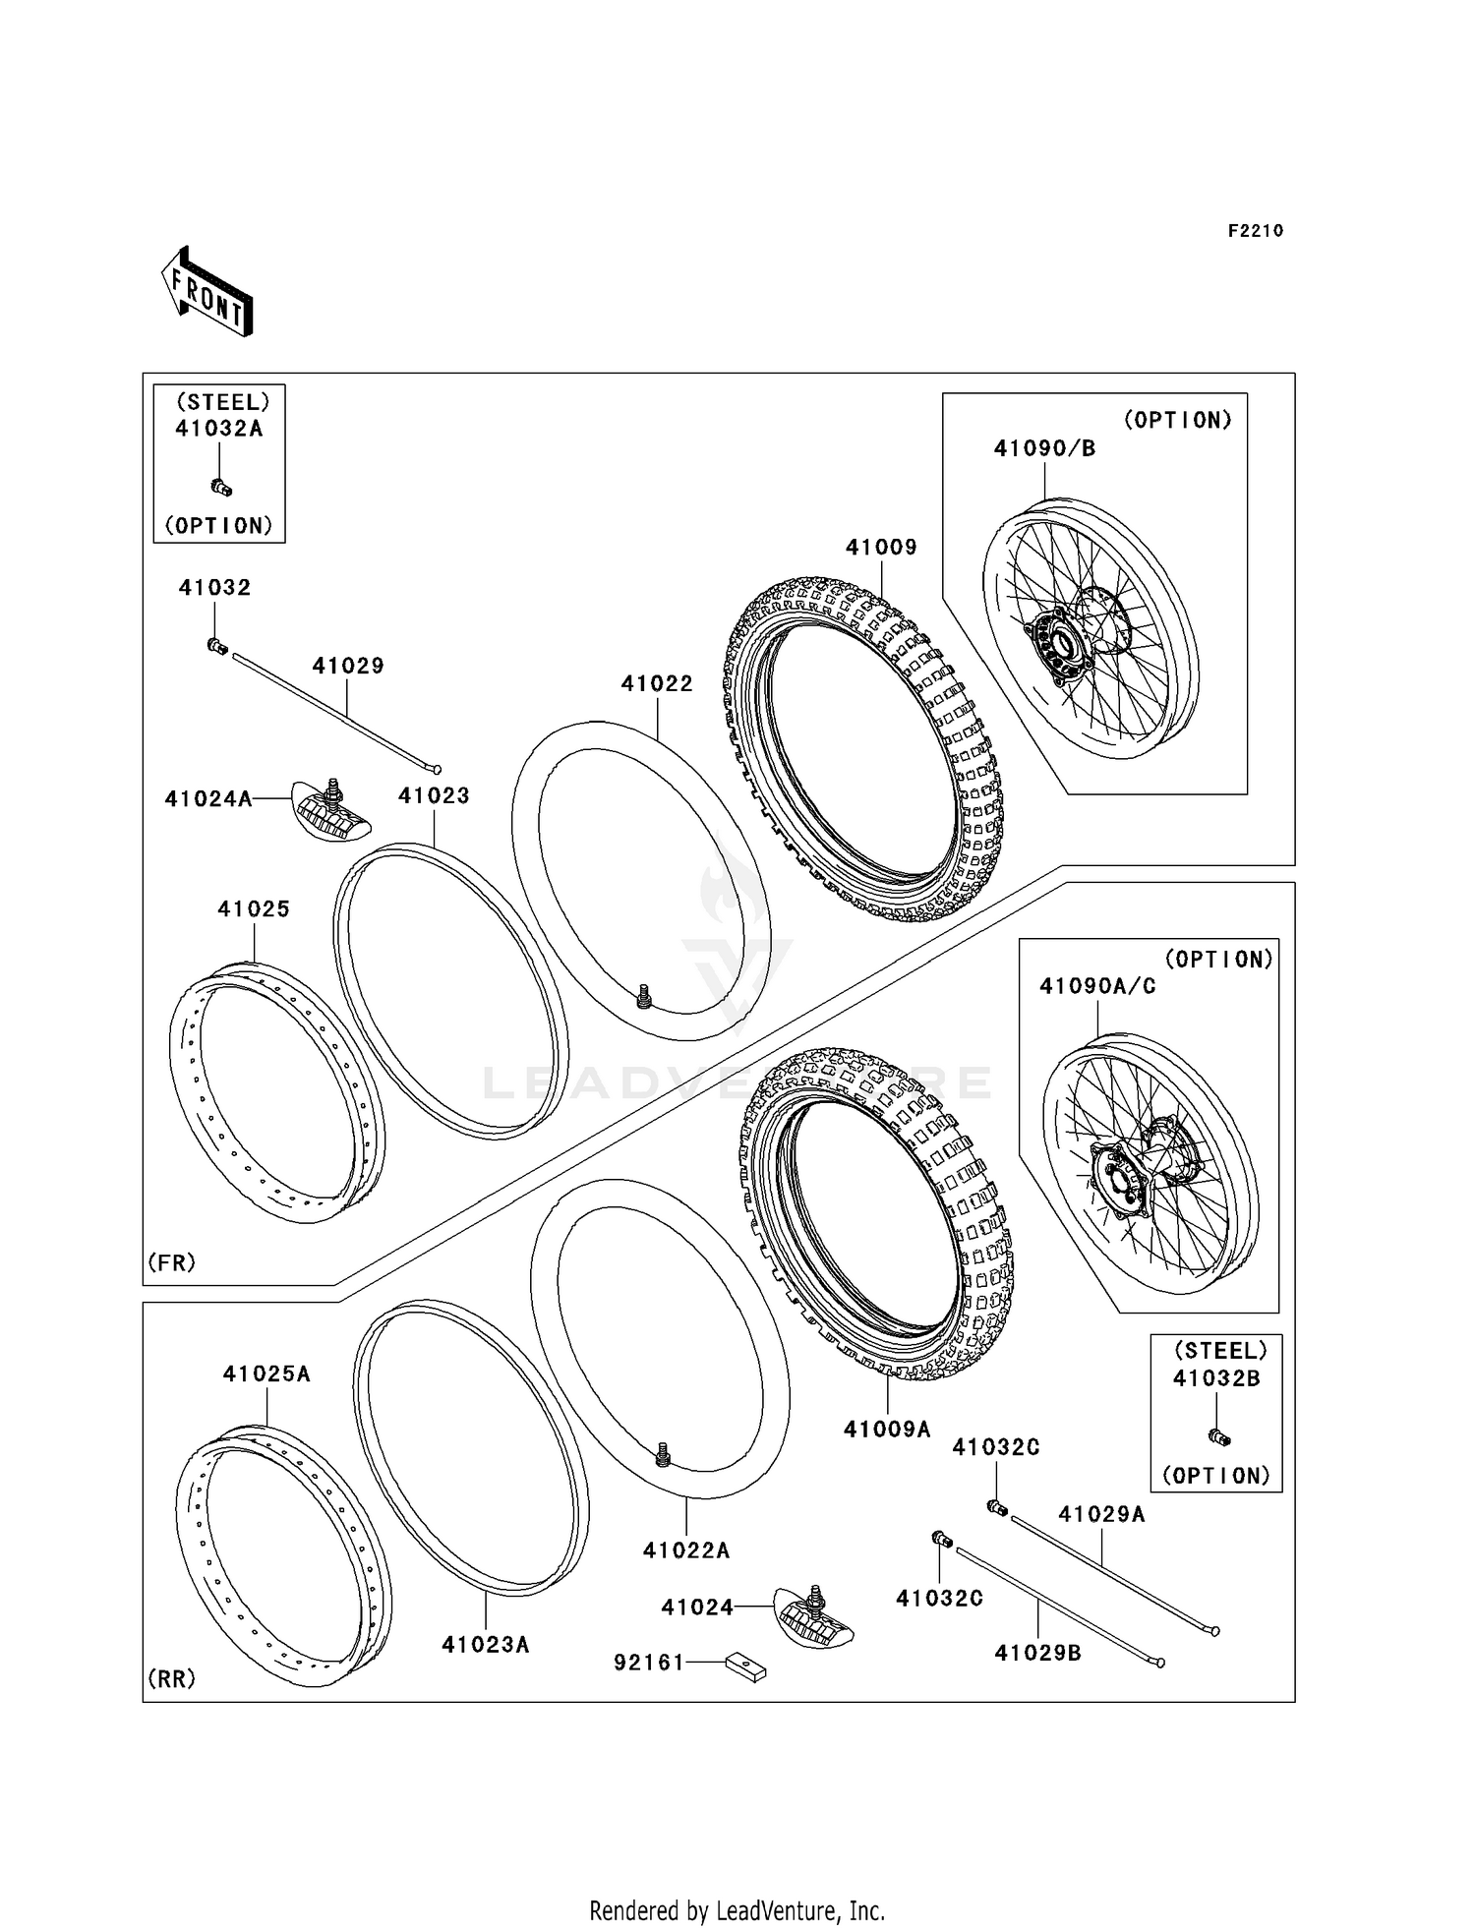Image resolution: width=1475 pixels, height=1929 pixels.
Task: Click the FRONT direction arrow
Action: [x=207, y=293]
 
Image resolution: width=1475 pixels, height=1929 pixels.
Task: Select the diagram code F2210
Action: [x=1255, y=231]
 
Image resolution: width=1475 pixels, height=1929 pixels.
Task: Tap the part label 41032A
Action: [x=218, y=429]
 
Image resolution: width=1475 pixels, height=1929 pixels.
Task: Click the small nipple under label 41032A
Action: [x=221, y=486]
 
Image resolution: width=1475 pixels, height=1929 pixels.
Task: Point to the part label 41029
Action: [x=348, y=666]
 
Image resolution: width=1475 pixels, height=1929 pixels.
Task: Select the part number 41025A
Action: [x=266, y=1374]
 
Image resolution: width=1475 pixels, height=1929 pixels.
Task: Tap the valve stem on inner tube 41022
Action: [x=644, y=998]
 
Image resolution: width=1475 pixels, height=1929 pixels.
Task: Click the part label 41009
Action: [x=881, y=548]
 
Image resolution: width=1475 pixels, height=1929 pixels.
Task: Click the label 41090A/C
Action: [x=1097, y=986]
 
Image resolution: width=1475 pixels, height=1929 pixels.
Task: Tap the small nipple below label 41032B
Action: [x=1219, y=1436]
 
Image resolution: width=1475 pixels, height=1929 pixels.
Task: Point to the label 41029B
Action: [x=1037, y=1654]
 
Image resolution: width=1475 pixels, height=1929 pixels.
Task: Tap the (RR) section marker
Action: [x=171, y=1678]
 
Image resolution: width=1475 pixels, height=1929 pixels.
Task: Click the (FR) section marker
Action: [x=171, y=1262]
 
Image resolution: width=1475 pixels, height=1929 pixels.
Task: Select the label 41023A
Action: [x=485, y=1644]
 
